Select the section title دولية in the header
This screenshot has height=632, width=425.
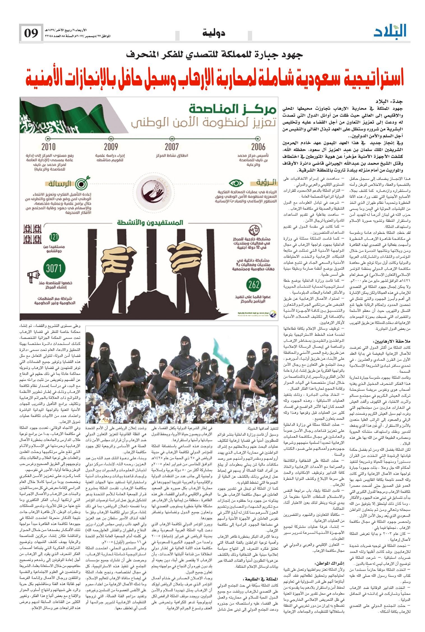click(213, 34)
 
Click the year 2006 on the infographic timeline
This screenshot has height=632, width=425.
click(258, 147)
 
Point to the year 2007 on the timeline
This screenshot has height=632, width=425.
click(172, 147)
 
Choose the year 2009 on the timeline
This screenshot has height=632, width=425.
click(110, 147)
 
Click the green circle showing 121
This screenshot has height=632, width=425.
click(54, 237)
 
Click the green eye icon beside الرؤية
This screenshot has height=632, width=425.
click(236, 183)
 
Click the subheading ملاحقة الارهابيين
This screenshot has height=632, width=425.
click(392, 342)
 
